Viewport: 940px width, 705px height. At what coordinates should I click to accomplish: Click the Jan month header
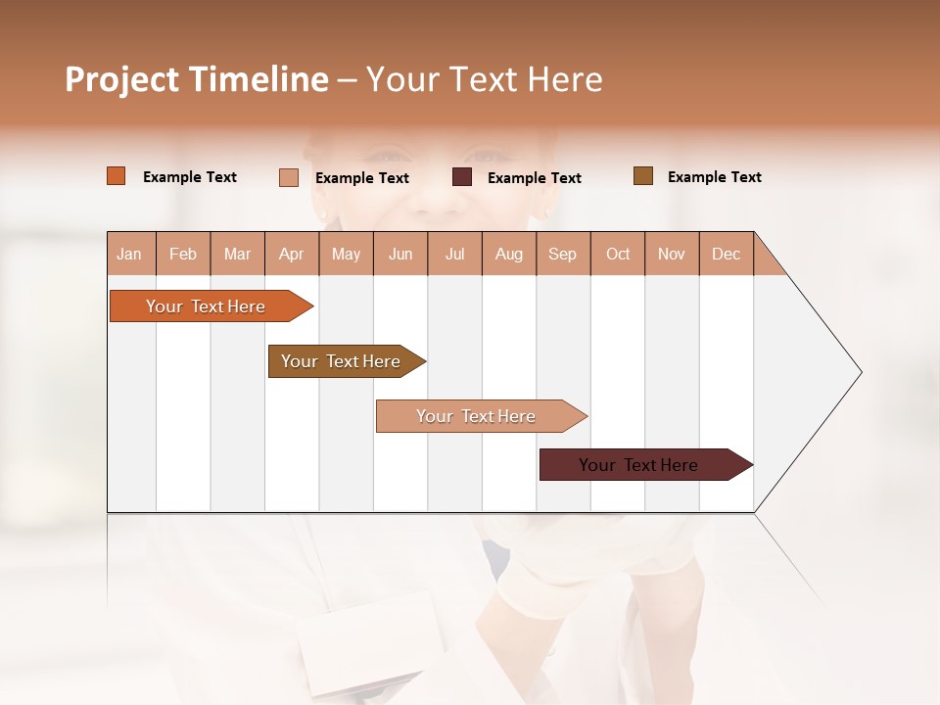point(130,254)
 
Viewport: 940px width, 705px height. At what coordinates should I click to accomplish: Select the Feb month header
point(183,254)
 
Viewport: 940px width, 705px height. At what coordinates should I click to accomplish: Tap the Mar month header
point(237,254)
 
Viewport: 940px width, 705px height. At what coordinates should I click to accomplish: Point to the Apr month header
point(292,254)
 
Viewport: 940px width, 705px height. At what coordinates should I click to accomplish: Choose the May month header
point(346,254)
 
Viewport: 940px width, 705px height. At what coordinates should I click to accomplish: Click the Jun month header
point(400,254)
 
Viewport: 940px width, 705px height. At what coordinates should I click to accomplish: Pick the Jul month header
point(454,254)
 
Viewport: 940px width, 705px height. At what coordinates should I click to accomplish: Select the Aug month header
point(509,254)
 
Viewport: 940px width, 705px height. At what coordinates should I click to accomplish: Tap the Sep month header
point(563,254)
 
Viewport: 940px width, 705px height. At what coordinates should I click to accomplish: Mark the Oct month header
point(618,254)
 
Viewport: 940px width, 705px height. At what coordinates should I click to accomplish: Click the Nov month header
point(672,254)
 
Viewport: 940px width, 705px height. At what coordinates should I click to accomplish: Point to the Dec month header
point(727,254)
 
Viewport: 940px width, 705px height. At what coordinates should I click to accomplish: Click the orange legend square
point(117,176)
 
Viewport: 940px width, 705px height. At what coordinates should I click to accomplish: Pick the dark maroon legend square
point(462,177)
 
